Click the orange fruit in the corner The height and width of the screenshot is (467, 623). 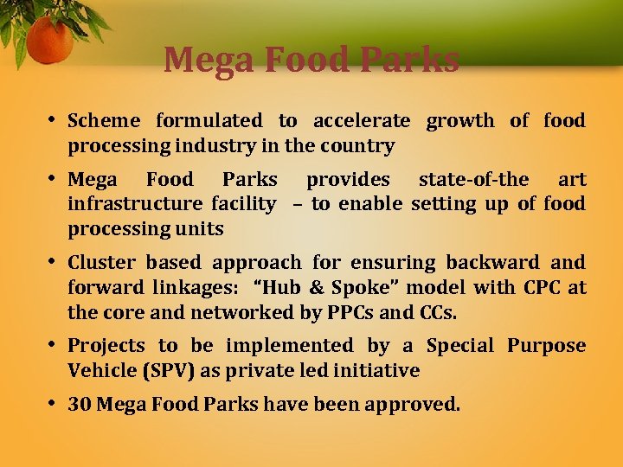click(x=48, y=40)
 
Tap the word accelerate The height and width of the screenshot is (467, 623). click(x=362, y=121)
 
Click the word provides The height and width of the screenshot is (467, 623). click(x=348, y=180)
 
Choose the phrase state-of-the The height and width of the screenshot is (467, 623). click(x=473, y=180)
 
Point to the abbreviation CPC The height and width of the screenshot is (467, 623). click(x=528, y=287)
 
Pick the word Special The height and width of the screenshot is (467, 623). click(x=460, y=346)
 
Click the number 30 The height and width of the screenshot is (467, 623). click(x=80, y=404)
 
